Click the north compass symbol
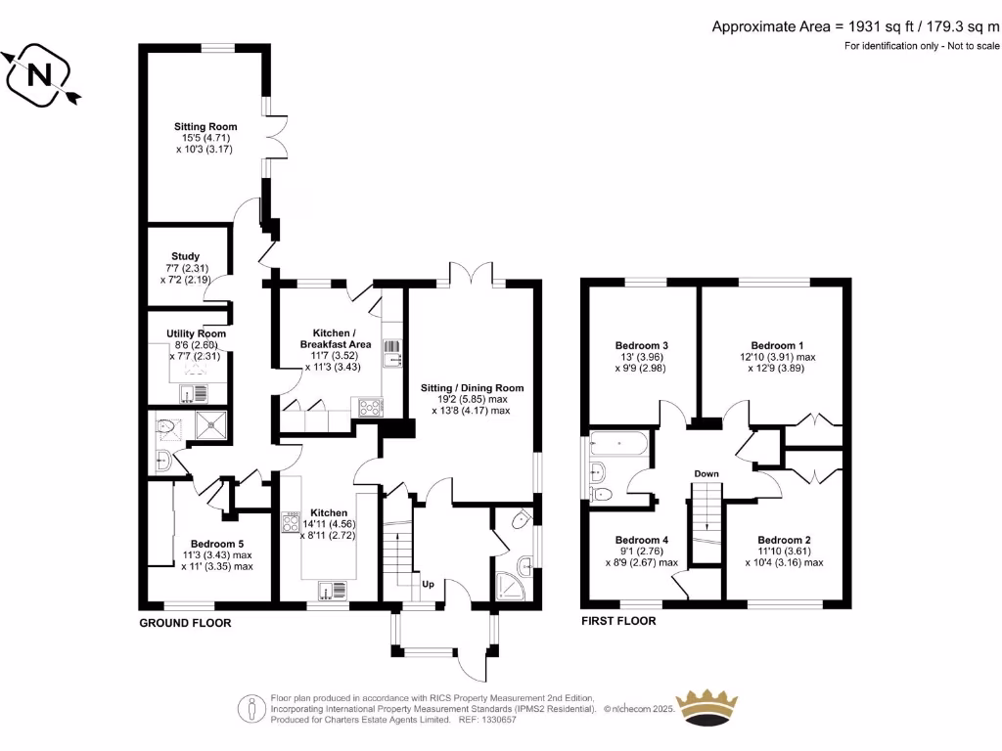pyautogui.click(x=40, y=75)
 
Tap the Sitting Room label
pyautogui.click(x=205, y=127)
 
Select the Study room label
pyautogui.click(x=185, y=257)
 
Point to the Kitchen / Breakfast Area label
pyautogui.click(x=335, y=338)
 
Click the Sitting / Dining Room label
pyautogui.click(x=472, y=388)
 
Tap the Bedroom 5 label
pyautogui.click(x=217, y=545)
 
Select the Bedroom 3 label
pyautogui.click(x=642, y=345)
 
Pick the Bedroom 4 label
pyautogui.click(x=642, y=540)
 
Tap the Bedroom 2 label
pyautogui.click(x=784, y=540)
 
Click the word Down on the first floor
pyautogui.click(x=706, y=474)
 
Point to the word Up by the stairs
pyautogui.click(x=428, y=585)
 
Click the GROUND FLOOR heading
pyautogui.click(x=185, y=623)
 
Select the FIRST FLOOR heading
pyautogui.click(x=618, y=621)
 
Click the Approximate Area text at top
pyautogui.click(x=855, y=26)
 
